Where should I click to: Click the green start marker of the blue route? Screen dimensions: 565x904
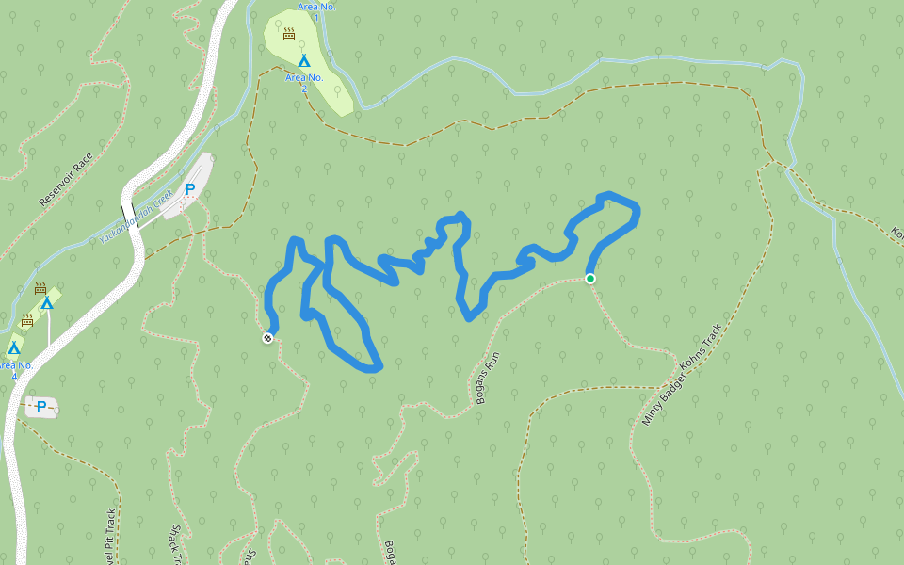[x=590, y=279]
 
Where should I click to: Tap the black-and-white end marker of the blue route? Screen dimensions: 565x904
[x=267, y=338]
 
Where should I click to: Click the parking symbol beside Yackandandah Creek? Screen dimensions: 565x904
[x=189, y=189]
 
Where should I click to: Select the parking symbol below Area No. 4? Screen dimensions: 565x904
[x=40, y=407]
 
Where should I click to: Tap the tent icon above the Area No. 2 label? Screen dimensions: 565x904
[x=303, y=61]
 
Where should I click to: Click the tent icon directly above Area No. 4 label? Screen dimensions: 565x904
[x=13, y=348]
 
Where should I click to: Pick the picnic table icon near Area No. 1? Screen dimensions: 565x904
[x=289, y=34]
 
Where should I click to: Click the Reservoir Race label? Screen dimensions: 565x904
[x=66, y=180]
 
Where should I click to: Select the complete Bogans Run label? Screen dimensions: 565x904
[x=486, y=379]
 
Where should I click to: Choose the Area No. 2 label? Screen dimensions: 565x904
[x=304, y=83]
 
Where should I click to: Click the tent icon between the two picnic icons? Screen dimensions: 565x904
[x=46, y=303]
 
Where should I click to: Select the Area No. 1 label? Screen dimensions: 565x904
[x=316, y=11]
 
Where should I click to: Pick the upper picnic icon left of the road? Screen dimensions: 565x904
[x=40, y=288]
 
